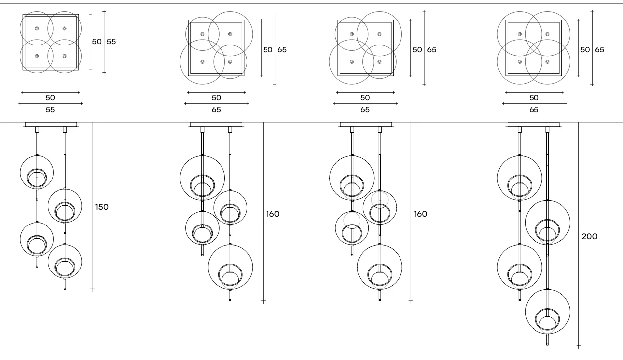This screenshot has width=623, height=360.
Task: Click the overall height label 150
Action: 102,207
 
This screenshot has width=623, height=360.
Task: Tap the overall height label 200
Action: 589,236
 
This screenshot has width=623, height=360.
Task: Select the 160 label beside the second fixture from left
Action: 272,214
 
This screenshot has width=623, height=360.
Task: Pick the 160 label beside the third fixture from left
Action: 420,214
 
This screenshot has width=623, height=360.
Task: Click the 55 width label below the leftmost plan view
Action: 50,110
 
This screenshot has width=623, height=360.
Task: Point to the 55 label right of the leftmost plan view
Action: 111,42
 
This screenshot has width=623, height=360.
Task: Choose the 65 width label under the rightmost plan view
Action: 534,110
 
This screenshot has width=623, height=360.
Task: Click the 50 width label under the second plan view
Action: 216,98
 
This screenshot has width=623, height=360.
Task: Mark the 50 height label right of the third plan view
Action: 417,50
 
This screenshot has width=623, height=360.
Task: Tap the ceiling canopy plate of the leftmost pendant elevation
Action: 51,124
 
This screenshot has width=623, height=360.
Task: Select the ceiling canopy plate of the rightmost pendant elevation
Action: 534,124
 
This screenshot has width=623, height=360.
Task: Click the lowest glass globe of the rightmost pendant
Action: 547,312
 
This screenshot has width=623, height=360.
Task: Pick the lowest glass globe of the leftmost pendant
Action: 65,262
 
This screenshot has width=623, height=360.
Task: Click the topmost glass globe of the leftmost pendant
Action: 37,173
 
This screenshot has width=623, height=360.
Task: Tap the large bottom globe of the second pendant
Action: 230,267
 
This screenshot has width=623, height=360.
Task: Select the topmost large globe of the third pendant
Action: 352,178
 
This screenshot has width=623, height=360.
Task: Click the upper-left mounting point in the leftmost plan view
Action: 37,28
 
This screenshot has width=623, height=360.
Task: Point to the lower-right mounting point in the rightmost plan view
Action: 547,62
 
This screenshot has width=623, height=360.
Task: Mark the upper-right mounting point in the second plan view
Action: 230,34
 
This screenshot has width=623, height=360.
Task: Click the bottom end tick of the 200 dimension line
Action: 579,346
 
